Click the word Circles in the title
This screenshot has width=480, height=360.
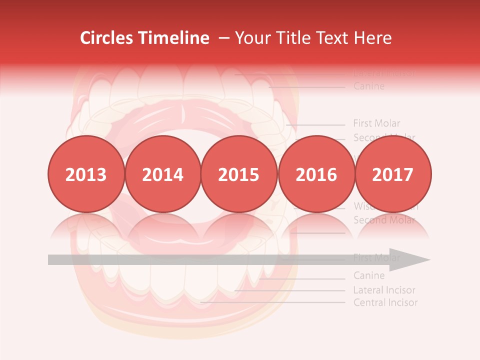tap(106, 38)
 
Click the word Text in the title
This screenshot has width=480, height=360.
tap(333, 38)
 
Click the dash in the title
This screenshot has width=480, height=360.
tap(224, 38)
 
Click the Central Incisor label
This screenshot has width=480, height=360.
tap(385, 302)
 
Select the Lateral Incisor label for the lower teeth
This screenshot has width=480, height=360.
tap(384, 290)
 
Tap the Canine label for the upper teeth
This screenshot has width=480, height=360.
tap(369, 86)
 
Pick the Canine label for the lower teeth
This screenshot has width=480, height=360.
tap(369, 275)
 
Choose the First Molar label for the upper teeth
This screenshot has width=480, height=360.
tap(376, 123)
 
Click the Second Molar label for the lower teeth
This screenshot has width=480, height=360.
tap(384, 220)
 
